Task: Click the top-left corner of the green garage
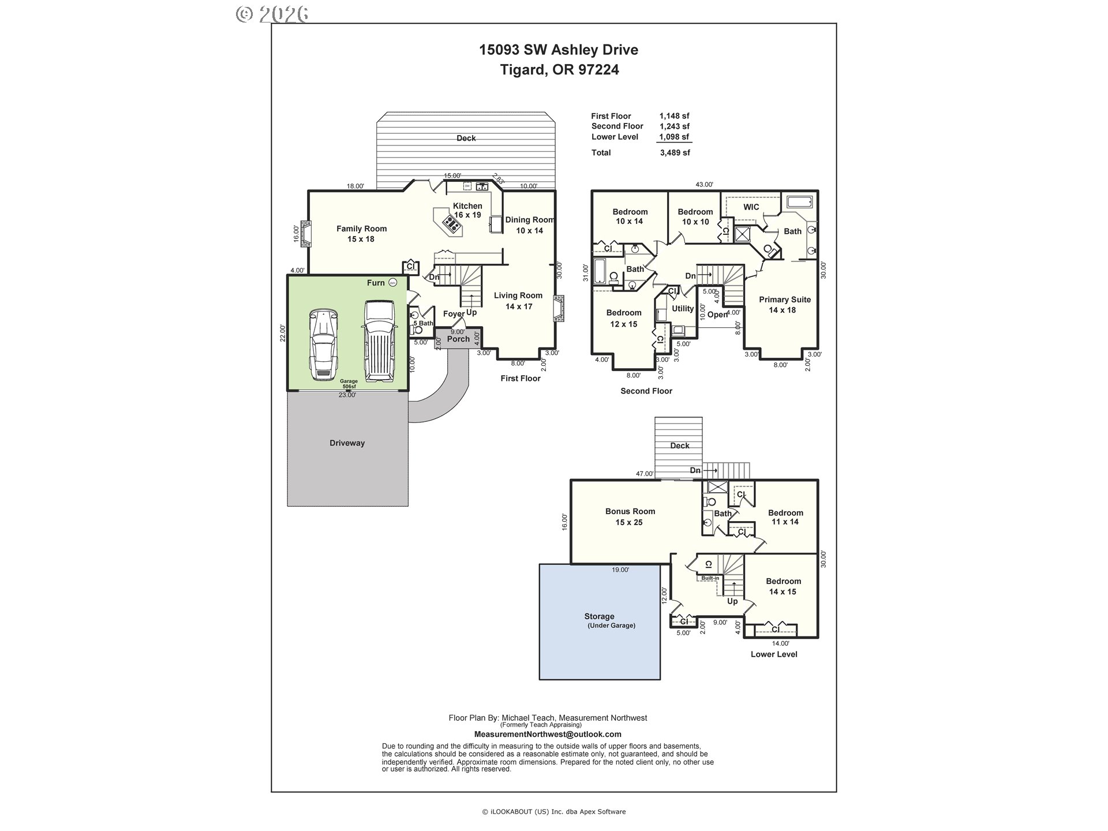click(x=288, y=275)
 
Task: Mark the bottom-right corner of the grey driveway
click(x=408, y=506)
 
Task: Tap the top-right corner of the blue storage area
click(x=660, y=564)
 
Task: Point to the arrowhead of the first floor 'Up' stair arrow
click(x=472, y=295)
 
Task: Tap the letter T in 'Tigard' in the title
click(x=504, y=70)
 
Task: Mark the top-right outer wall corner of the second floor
click(x=818, y=191)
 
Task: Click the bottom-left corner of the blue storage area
click(x=540, y=679)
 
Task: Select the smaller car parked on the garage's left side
click(x=323, y=345)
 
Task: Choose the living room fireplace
click(x=559, y=309)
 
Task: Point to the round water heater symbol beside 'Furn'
click(x=392, y=282)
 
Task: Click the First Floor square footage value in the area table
click(x=675, y=116)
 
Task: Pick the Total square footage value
click(x=675, y=153)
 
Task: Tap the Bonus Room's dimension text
click(x=629, y=522)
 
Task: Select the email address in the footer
click(x=548, y=735)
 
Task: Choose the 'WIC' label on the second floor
click(x=751, y=207)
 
